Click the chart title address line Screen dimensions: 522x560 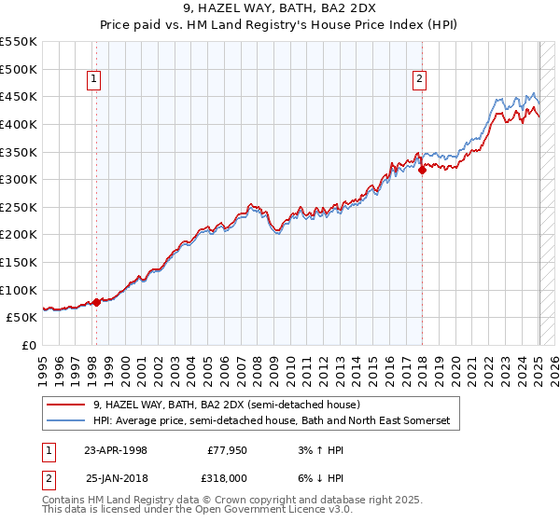tap(279, 8)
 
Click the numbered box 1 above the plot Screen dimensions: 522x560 tap(95, 80)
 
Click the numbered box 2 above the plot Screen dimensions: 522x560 tap(420, 80)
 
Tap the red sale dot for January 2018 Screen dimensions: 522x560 tap(422, 170)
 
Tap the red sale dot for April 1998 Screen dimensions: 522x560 tap(96, 302)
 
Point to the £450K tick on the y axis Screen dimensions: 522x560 tap(20, 96)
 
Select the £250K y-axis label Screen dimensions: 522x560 tap(20, 207)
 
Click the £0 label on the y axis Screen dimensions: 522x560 tap(30, 345)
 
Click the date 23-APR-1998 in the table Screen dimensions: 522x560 tap(116, 449)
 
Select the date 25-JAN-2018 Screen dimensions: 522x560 tap(116, 477)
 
